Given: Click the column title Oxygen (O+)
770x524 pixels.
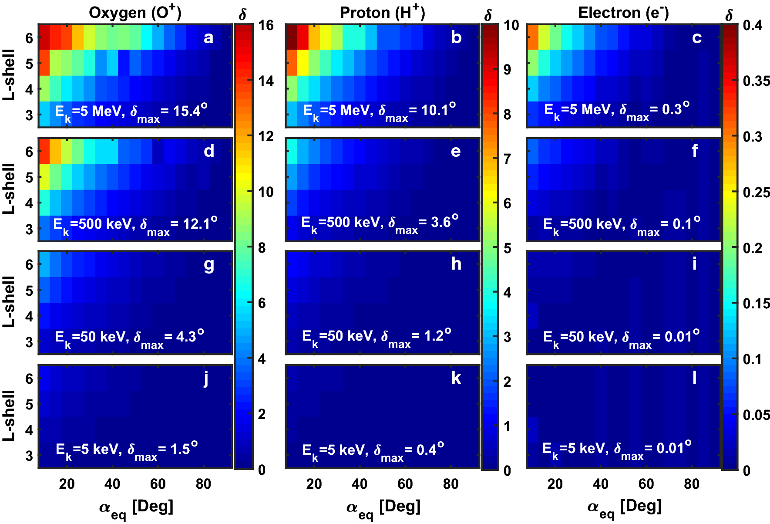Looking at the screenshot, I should point(135,13).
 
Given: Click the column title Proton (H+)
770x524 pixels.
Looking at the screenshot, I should point(382,13).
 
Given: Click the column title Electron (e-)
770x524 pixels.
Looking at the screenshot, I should point(623,13).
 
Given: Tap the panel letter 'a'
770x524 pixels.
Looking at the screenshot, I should point(208,38).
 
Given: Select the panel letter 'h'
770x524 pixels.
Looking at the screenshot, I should point(456,264).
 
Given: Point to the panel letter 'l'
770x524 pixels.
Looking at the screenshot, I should point(694,377).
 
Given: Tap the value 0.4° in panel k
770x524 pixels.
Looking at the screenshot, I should point(430,449).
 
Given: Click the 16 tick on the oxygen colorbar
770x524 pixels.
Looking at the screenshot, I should point(266,25).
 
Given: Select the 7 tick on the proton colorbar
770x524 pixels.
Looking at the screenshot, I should point(507,159).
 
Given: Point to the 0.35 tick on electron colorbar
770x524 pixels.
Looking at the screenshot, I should point(756,81).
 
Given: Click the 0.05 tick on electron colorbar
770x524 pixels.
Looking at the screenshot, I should point(756,415).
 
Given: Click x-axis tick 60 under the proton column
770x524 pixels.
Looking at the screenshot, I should point(405,484).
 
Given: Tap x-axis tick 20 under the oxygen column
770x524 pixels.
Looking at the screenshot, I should point(67,484).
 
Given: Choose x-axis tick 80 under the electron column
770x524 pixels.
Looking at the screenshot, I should point(691,484).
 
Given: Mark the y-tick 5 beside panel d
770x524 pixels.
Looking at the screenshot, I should point(29,178).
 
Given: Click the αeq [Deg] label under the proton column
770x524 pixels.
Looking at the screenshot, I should point(383,507).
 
